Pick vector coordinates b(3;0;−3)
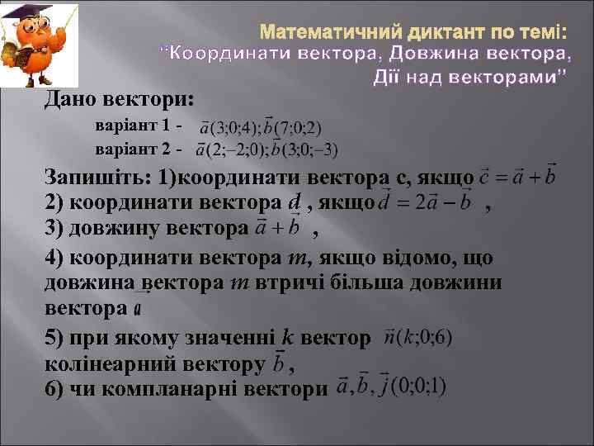coord(304,150)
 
